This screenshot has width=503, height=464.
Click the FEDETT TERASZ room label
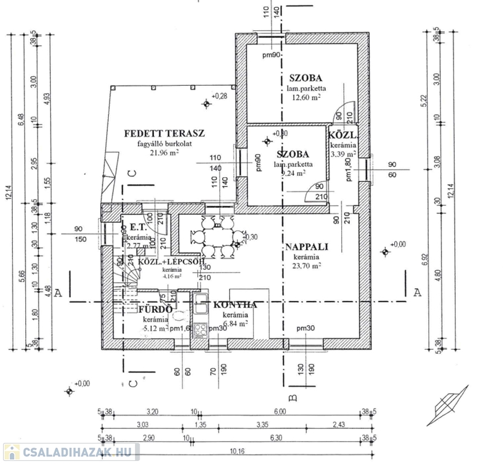pyautogui.click(x=165, y=133)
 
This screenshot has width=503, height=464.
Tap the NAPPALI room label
pyautogui.click(x=306, y=246)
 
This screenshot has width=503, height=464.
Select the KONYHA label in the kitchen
pyautogui.click(x=235, y=305)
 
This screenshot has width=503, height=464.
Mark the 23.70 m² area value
pyautogui.click(x=306, y=265)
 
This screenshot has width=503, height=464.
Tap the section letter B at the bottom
pyautogui.click(x=292, y=398)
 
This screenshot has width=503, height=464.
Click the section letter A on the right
pyautogui.click(x=417, y=292)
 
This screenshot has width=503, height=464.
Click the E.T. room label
pyautogui.click(x=135, y=229)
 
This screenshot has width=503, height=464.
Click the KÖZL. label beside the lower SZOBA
pyautogui.click(x=342, y=135)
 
